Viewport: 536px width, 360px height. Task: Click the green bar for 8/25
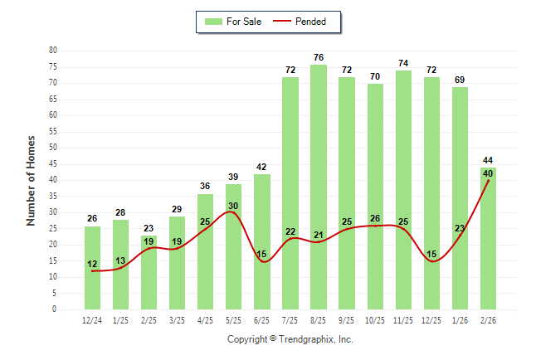(319, 187)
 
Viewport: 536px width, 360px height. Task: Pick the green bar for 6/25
(262, 241)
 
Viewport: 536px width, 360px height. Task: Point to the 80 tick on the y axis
(52, 51)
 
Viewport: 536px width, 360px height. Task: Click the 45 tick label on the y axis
(52, 164)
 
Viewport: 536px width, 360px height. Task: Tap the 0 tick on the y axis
(55, 309)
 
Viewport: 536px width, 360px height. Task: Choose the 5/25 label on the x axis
(234, 319)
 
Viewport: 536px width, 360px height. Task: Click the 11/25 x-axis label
(403, 319)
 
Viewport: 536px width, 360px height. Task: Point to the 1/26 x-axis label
(460, 319)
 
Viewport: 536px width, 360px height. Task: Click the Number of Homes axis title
(32, 180)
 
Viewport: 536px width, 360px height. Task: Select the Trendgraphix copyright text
(290, 339)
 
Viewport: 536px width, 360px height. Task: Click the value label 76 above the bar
(319, 57)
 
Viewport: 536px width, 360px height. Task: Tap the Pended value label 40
(488, 173)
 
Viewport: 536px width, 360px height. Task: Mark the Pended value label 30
(234, 206)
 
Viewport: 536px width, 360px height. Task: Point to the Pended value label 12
(92, 264)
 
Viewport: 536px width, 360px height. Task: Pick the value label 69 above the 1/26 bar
(460, 80)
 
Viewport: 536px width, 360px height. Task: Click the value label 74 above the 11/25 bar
(403, 64)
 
